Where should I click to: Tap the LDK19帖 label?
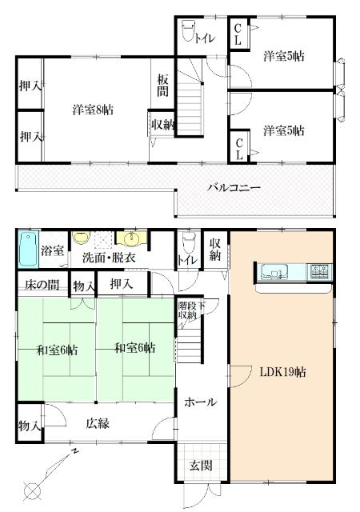[x=279, y=372]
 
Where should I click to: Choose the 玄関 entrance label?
[x=200, y=466]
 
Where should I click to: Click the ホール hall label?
[x=199, y=402]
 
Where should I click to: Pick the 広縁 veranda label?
[x=98, y=423]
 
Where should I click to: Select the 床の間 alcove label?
[x=41, y=285]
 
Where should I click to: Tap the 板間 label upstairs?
[x=163, y=86]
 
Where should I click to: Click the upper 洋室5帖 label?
[x=283, y=56]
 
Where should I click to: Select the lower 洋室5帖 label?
[x=283, y=130]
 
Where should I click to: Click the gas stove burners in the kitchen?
[x=318, y=270]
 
